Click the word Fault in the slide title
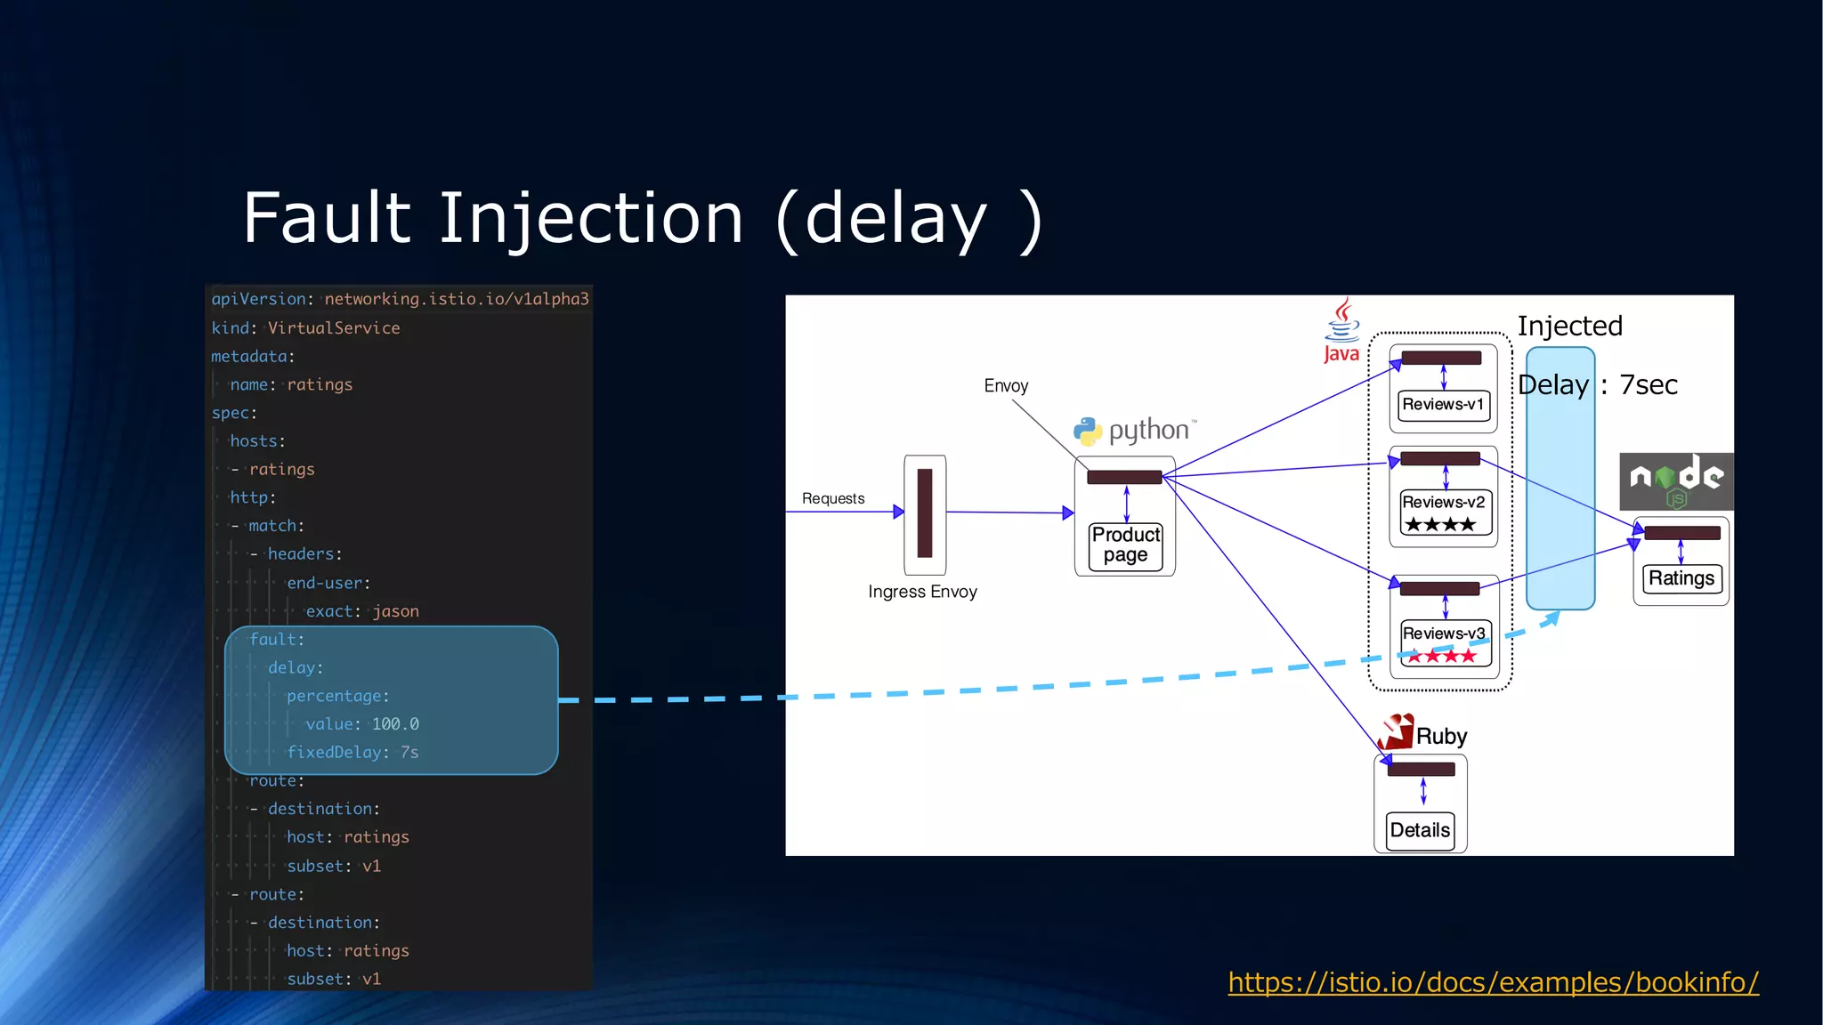pyautogui.click(x=326, y=218)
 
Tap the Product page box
pyautogui.click(x=1125, y=545)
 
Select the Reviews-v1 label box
pyautogui.click(x=1443, y=404)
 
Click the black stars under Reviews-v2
pyautogui.click(x=1440, y=525)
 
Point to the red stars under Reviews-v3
pyautogui.click(x=1442, y=657)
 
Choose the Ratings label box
pyautogui.click(x=1681, y=578)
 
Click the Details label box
pyautogui.click(x=1420, y=830)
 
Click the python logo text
pyautogui.click(x=1148, y=431)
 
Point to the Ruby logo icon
pyautogui.click(x=1396, y=732)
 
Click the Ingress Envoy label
pyautogui.click(x=922, y=592)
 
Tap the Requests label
pyautogui.click(x=833, y=498)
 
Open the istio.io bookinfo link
pyautogui.click(x=1493, y=982)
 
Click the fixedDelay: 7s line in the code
pyautogui.click(x=352, y=753)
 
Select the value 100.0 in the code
pyautogui.click(x=395, y=724)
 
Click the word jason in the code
pyautogui.click(x=395, y=611)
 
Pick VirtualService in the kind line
pyautogui.click(x=334, y=328)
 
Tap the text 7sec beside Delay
pyautogui.click(x=1648, y=385)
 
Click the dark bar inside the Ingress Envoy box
pyautogui.click(x=925, y=513)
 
